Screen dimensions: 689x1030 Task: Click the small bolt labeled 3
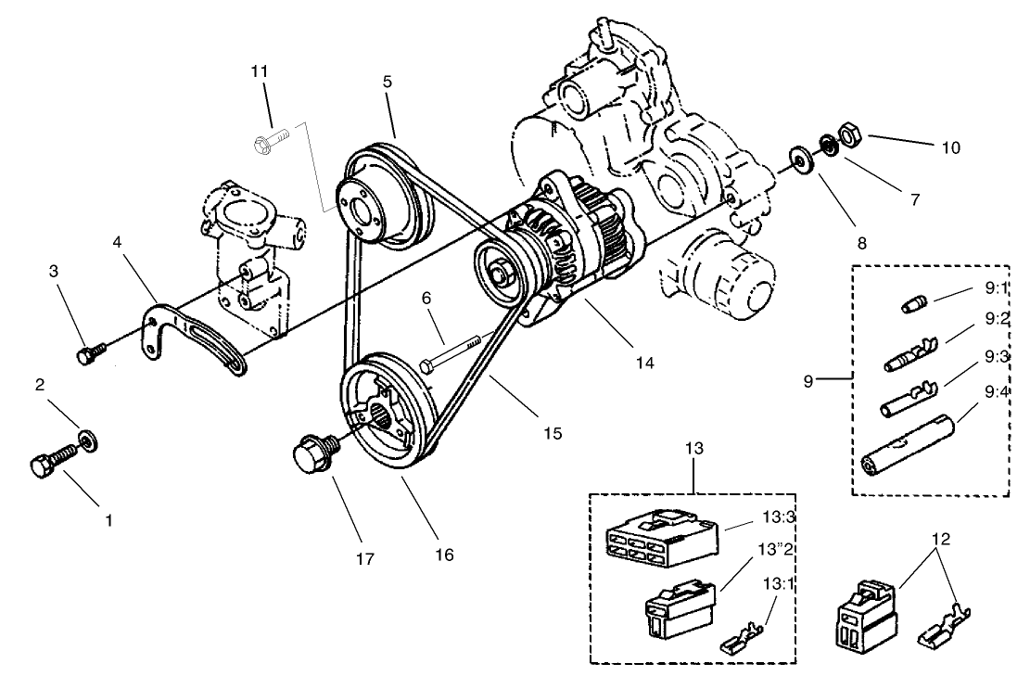89,352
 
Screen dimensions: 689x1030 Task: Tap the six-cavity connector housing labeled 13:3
660,540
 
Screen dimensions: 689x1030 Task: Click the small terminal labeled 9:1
914,304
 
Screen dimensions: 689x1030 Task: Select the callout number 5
387,81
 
